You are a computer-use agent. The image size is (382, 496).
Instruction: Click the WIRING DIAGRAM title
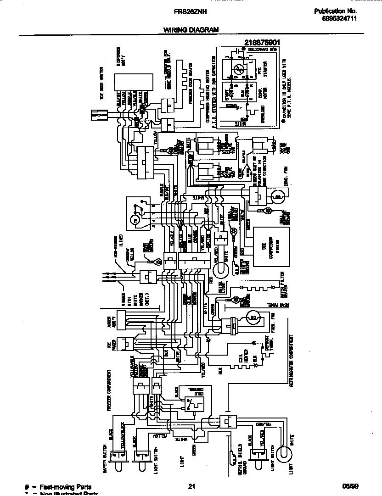[191, 30]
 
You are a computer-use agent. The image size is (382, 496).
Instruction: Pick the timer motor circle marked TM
[135, 221]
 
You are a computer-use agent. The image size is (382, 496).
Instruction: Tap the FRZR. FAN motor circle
[253, 317]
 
